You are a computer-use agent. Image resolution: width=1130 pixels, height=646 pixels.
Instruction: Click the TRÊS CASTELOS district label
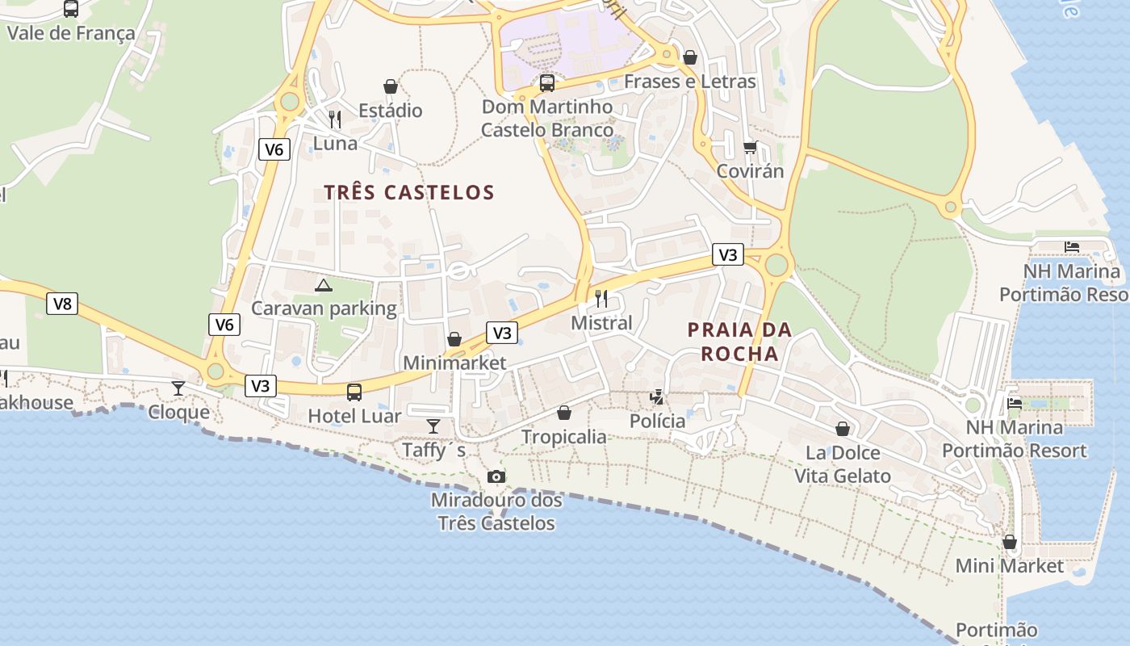408,192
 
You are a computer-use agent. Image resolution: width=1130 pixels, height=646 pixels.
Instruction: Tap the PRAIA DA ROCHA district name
739,342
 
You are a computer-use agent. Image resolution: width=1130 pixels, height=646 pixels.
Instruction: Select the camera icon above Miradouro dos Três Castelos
496,477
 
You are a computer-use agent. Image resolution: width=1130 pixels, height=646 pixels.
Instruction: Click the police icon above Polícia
658,396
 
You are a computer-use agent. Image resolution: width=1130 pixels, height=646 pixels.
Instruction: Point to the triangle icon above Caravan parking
324,285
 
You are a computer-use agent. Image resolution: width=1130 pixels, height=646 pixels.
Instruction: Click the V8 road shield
62,304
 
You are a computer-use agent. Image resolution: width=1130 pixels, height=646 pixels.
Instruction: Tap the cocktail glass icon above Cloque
178,388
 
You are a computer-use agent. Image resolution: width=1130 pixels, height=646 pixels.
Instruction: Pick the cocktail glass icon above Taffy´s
433,426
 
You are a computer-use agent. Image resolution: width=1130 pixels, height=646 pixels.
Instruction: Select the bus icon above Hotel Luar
354,392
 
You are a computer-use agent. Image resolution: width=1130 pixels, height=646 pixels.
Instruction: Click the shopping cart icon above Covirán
751,147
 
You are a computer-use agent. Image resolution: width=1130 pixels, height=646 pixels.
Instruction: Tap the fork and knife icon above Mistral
601,299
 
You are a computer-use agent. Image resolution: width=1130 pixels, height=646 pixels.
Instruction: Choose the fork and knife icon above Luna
335,120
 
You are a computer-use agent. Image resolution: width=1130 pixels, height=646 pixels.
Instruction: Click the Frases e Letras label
690,82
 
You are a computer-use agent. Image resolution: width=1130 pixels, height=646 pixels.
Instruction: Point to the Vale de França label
71,33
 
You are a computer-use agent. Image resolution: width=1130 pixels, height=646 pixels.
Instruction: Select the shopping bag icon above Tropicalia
564,413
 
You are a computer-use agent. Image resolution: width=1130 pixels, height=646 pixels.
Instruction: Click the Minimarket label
454,363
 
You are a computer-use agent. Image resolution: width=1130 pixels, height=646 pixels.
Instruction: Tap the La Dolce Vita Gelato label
843,464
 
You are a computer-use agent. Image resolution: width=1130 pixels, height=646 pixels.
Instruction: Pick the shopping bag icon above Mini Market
1010,542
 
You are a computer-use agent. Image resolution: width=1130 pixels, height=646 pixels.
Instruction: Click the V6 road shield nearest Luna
274,149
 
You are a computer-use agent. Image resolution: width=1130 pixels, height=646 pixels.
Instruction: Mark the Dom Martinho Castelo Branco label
547,118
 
